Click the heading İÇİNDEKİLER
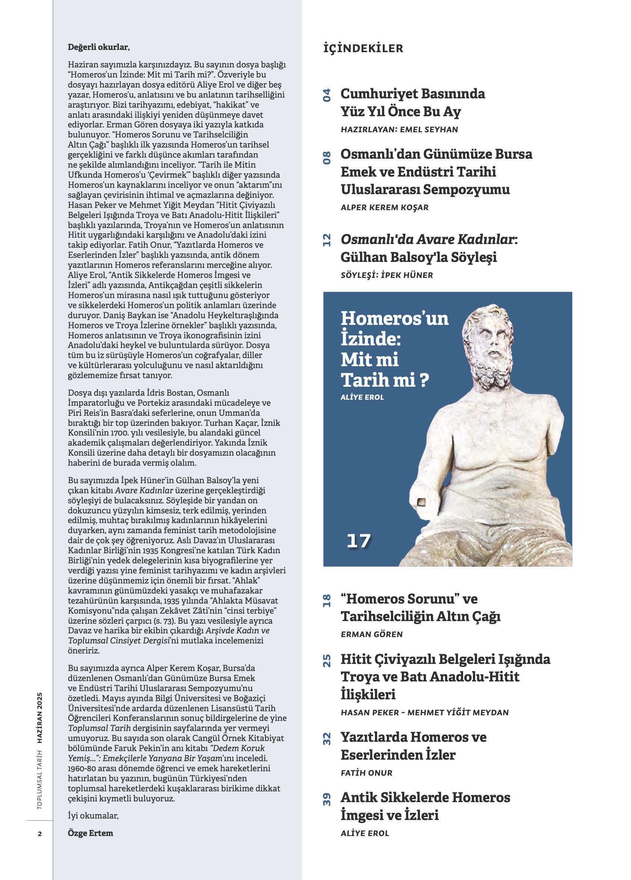point(363,48)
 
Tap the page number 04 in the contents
point(327,95)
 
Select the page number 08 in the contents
point(327,158)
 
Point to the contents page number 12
point(327,240)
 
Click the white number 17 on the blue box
point(358,541)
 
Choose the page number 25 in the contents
point(327,661)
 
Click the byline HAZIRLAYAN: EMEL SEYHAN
point(399,130)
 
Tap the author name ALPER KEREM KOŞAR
point(385,208)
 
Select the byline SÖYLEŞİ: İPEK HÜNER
point(387,275)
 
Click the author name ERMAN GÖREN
point(372,634)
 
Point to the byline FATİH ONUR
point(366,773)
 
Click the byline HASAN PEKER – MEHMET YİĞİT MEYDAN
point(425,713)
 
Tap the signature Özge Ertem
point(91,833)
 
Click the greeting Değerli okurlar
point(98,47)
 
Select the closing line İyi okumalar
point(93,816)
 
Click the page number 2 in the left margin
point(40,834)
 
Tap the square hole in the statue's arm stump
point(421,503)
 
